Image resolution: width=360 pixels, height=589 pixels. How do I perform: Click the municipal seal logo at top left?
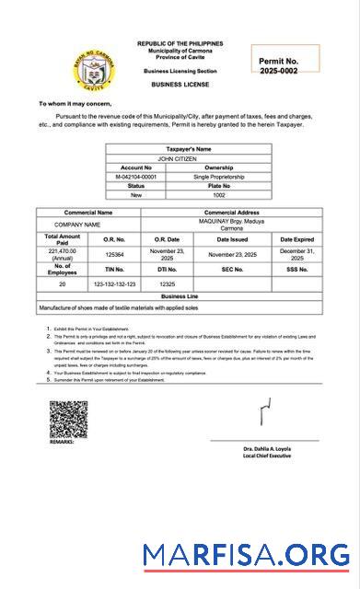pos(94,66)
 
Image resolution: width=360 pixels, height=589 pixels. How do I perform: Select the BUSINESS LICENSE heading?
pos(180,84)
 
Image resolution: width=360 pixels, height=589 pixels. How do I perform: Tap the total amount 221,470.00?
pos(62,253)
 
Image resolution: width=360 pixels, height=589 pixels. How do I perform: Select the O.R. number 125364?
pos(114,253)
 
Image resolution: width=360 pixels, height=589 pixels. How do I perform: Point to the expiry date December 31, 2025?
pos(297,254)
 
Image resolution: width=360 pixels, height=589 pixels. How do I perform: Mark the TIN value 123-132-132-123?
pos(114,284)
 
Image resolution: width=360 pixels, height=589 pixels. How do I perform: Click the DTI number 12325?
pos(167,284)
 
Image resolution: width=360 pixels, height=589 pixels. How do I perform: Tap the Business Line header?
pos(180,297)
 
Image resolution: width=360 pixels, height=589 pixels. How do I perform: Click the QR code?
pos(68,419)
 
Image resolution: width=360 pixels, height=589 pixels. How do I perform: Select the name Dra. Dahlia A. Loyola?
pos(266,448)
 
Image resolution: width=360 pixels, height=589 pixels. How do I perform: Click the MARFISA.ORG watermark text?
pos(246,555)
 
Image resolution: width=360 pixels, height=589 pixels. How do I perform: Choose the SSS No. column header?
pos(297,270)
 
